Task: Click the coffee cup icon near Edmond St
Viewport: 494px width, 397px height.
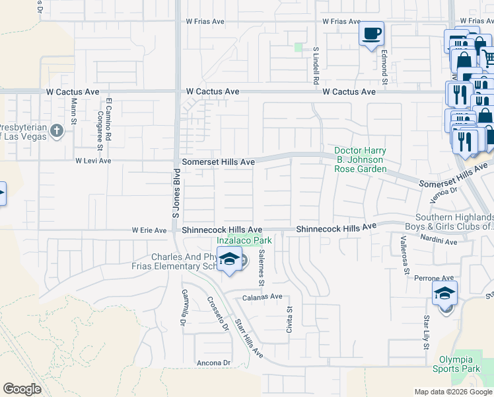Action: (x=372, y=32)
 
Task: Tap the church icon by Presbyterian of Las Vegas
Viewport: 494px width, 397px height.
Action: (x=57, y=130)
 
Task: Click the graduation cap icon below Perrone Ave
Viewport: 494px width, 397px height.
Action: (x=445, y=292)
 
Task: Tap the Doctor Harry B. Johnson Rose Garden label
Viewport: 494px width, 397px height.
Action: (x=359, y=159)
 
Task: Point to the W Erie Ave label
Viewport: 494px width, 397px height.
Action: (x=149, y=230)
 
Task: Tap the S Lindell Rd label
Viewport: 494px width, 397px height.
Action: (x=316, y=64)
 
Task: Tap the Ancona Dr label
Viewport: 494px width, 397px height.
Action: (x=213, y=363)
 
